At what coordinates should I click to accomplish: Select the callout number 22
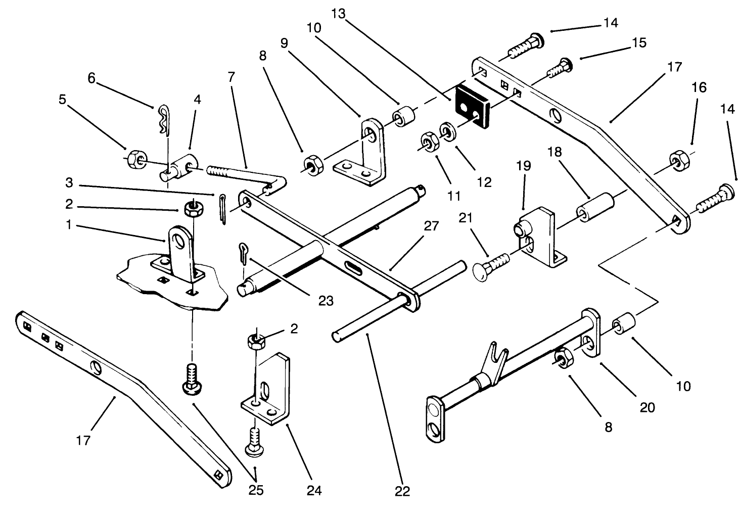403,491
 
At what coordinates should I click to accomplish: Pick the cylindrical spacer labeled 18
597,208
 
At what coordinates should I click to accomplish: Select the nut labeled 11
428,141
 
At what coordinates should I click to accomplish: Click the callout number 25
257,490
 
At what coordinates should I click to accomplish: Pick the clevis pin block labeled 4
182,166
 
